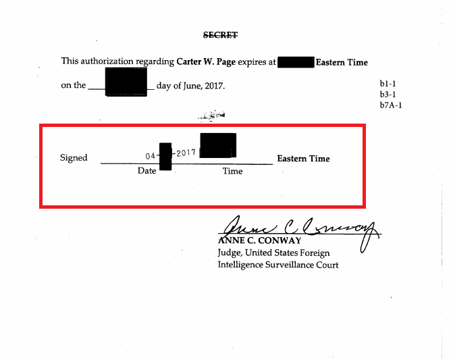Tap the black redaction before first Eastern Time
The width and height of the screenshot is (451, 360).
[296, 62]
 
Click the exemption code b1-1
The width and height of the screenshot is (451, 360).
[389, 84]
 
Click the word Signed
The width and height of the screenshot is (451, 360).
[74, 158]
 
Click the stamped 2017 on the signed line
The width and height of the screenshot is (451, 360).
[185, 153]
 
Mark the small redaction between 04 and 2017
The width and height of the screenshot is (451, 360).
[165, 156]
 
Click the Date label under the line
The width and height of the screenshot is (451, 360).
[147, 171]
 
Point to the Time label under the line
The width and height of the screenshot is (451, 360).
[232, 172]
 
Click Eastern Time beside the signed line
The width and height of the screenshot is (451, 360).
[303, 159]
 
